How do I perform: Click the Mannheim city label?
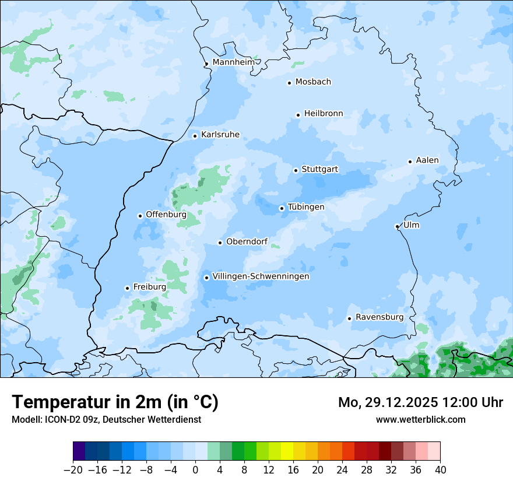point(234,62)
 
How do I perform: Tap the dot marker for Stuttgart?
point(296,170)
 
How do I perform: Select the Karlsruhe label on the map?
point(220,135)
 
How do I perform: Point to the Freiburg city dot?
point(127,288)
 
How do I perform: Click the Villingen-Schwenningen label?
point(261,276)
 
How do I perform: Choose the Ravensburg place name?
point(380,317)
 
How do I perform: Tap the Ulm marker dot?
point(397,226)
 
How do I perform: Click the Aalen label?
point(427,160)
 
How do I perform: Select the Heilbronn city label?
point(324,114)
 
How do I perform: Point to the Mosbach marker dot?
point(289,83)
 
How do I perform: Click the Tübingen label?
point(306,207)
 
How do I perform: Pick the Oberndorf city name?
point(247,241)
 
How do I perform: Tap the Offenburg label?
point(166,215)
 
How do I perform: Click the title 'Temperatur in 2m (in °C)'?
point(115,402)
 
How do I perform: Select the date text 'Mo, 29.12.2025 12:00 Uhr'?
point(420,402)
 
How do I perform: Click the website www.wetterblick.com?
point(420,419)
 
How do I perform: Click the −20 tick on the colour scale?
point(73,470)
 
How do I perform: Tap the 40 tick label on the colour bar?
point(440,470)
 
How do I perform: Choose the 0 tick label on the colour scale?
point(195,470)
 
